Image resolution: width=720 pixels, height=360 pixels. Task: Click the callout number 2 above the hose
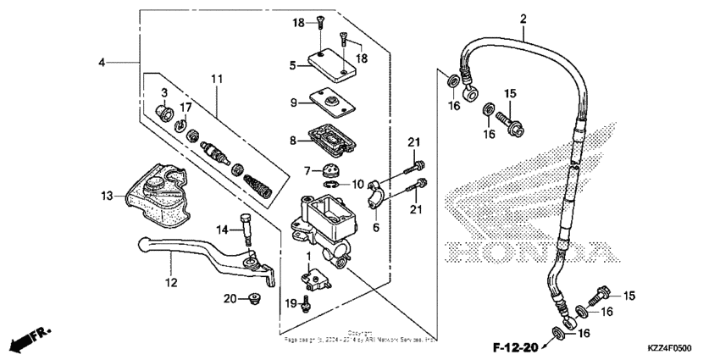pos(523,19)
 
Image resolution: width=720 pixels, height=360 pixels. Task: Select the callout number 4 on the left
pos(102,63)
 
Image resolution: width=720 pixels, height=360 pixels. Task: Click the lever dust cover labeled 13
pos(157,197)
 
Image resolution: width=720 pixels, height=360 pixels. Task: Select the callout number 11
pos(217,79)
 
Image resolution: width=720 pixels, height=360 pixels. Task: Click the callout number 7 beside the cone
pos(308,171)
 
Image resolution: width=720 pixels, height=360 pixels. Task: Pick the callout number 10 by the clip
pos(357,183)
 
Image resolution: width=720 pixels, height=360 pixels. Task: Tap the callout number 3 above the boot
pos(164,91)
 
